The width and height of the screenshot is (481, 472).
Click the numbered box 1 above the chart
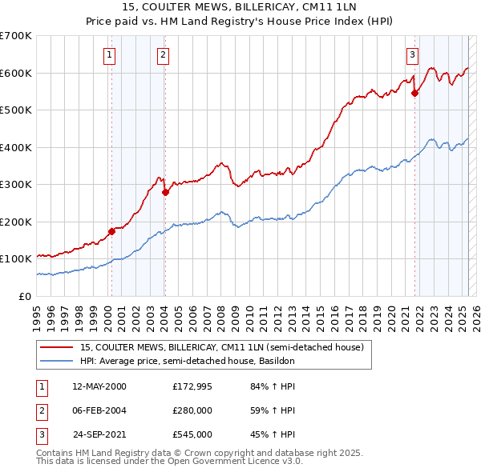(x=108, y=55)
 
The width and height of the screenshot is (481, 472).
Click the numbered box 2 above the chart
(x=163, y=55)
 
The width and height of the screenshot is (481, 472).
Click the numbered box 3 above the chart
(x=412, y=55)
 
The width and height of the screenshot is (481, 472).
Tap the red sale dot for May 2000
(x=111, y=232)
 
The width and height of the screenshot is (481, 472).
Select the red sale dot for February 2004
(x=164, y=192)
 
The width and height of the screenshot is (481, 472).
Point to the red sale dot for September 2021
(x=415, y=93)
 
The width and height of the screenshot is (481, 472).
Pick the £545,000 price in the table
(x=192, y=434)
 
